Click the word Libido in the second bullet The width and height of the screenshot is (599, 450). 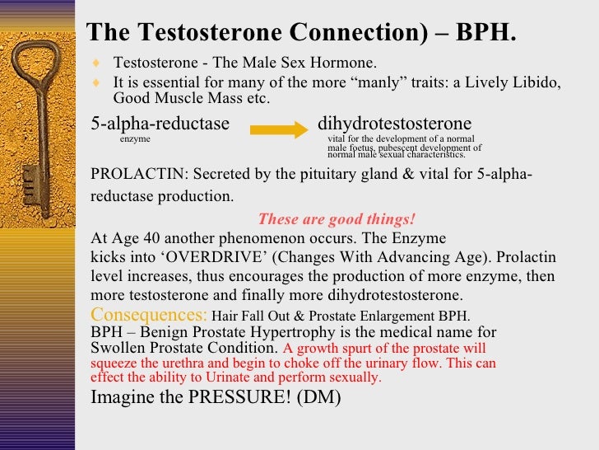click(536, 82)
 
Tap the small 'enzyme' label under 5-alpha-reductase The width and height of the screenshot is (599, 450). click(135, 140)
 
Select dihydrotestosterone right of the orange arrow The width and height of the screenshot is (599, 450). click(394, 124)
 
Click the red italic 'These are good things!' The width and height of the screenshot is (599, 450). click(337, 220)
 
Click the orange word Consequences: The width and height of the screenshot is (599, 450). click(149, 315)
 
